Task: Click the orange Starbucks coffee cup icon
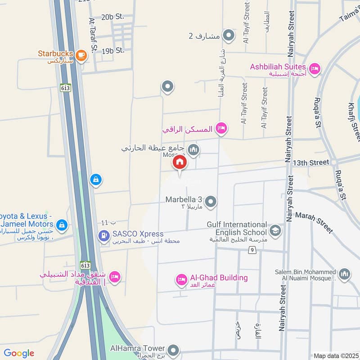pos(81,55)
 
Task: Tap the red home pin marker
pos(180,163)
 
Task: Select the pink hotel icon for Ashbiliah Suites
pos(315,68)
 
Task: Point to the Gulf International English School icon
pos(275,231)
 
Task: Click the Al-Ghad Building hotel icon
pos(181,280)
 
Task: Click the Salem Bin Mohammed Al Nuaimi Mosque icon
pos(344,274)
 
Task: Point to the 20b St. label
pos(112,17)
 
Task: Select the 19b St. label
pos(113,51)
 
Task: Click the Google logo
pos(18,353)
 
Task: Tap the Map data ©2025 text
pos(335,355)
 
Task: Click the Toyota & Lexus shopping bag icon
pos(62,224)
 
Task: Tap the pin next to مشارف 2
pos(229,35)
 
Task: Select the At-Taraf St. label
pos(93,36)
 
